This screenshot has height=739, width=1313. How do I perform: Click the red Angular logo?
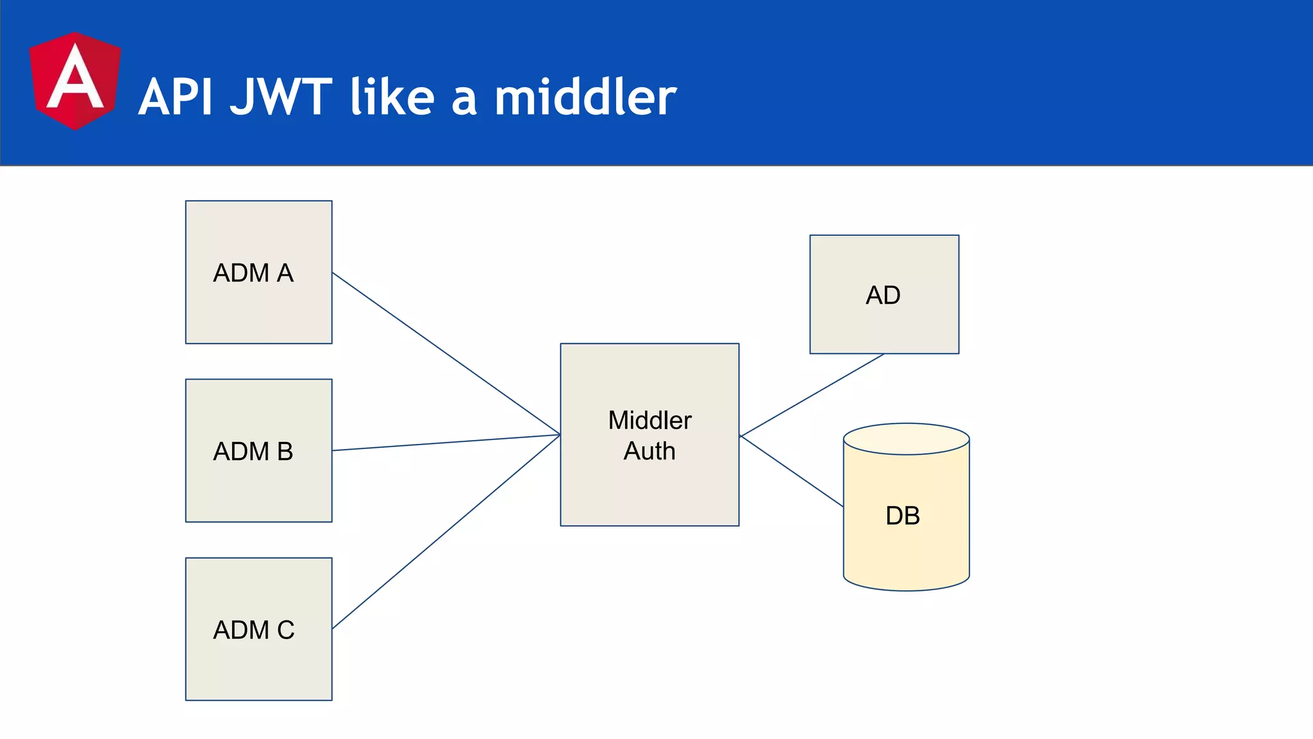75,81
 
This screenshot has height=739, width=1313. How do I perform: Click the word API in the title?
175,98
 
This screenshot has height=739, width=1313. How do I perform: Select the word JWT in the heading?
281,98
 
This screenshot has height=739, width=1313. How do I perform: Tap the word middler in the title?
585,98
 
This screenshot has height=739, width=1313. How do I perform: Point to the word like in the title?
392,98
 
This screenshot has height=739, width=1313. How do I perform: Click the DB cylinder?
906,545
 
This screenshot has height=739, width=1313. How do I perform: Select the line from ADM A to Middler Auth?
446,353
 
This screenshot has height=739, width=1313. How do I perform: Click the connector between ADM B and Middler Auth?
446,443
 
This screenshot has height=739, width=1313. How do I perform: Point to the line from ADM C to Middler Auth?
446,532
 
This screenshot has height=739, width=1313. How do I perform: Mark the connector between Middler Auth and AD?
812,395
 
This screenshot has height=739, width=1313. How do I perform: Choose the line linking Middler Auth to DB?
791,471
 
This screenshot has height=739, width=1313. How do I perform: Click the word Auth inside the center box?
649,451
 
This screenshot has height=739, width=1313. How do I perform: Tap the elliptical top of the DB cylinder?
906,439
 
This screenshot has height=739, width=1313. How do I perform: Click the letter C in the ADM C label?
286,630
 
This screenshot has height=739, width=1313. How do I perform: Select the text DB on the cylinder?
903,516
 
